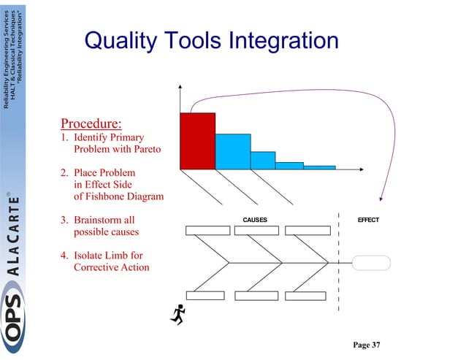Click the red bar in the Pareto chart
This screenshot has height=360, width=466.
pos(197,140)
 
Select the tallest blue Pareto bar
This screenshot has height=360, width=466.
pos(232,151)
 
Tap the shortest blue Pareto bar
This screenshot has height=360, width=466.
pos(319,167)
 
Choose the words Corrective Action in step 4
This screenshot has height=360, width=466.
pos(112,267)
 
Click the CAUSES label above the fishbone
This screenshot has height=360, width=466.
pos(254,220)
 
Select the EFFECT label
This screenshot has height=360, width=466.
pos(367,220)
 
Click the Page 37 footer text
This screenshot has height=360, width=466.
pos(367,345)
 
